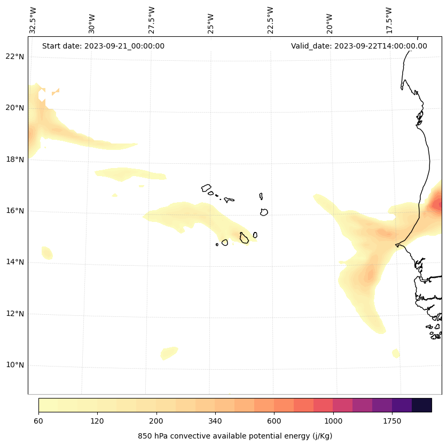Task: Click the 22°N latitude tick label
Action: click(15, 57)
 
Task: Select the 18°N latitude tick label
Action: click(15, 159)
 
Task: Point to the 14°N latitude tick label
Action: click(15, 262)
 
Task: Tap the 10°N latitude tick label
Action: click(15, 365)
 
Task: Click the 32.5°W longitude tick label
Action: click(33, 20)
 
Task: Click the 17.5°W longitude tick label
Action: click(389, 20)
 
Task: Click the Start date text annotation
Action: click(103, 46)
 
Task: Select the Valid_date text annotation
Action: click(359, 46)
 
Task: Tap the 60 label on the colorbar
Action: click(38, 421)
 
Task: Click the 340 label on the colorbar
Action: click(215, 421)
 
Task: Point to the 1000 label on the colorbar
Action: click(333, 421)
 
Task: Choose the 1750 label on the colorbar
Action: click(392, 421)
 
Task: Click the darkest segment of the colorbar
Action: click(422, 405)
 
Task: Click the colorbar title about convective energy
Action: click(235, 436)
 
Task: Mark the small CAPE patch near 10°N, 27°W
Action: click(169, 353)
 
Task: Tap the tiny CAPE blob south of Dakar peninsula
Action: click(396, 353)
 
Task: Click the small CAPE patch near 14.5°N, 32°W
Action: click(47, 252)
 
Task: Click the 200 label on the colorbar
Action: click(156, 421)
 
